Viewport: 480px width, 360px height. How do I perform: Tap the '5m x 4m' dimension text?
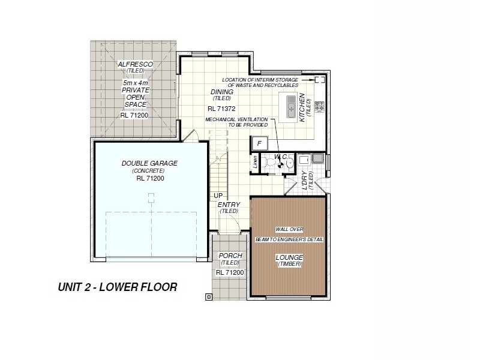coord(135,82)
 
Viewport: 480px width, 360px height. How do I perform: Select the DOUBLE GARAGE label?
coord(149,163)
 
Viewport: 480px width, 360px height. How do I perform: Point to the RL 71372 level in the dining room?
coord(221,109)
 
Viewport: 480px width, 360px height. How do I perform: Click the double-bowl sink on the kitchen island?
coord(291,109)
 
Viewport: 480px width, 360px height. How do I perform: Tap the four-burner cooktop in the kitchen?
coord(320,107)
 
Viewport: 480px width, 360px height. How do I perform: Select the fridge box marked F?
coord(259,143)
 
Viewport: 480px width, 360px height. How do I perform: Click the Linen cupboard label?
coord(255,161)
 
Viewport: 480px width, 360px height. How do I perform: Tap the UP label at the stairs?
coord(218,196)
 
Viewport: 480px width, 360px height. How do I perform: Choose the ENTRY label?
coord(229,205)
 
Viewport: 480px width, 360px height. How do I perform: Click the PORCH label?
coord(230,256)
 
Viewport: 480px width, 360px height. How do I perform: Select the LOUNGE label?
coord(289,257)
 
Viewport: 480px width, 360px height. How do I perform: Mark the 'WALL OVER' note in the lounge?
coord(289,229)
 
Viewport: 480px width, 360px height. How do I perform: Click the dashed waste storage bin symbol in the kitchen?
coord(319,80)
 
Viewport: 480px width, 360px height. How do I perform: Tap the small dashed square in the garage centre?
coord(151,196)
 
